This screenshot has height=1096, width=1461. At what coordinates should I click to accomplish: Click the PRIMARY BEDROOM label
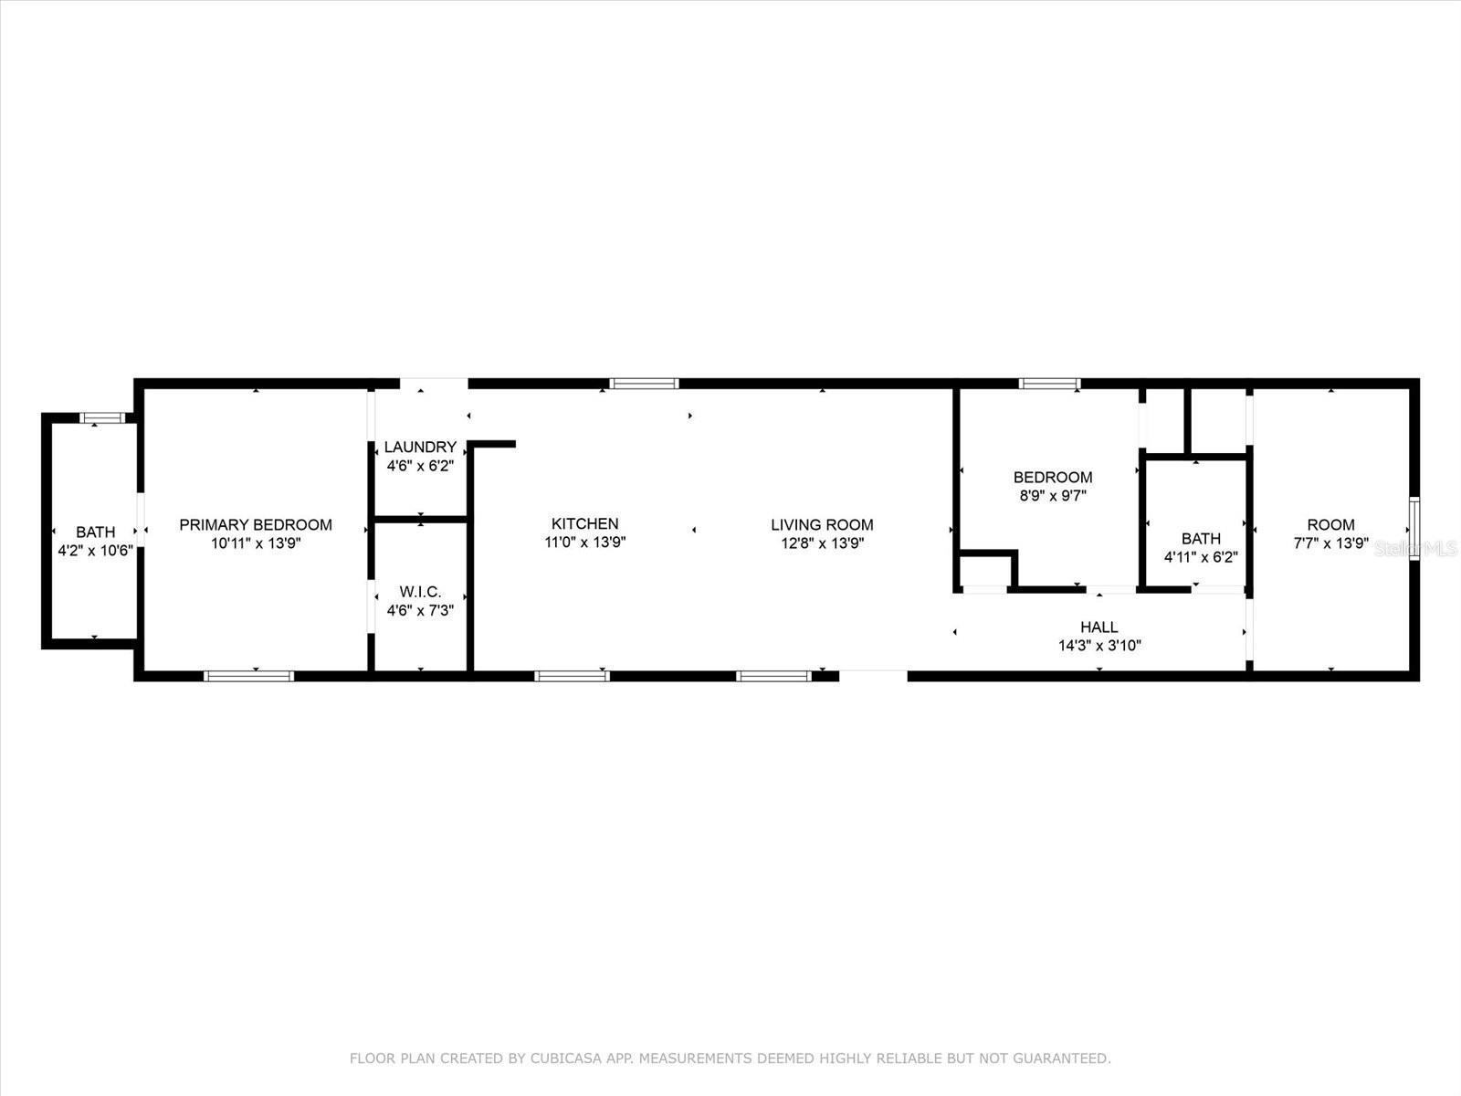(255, 524)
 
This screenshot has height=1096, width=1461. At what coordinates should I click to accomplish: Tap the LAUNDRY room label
(420, 447)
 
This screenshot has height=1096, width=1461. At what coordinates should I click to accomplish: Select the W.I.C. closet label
(420, 592)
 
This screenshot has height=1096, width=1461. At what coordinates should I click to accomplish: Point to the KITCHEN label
(584, 523)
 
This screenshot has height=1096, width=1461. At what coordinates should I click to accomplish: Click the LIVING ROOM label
(822, 524)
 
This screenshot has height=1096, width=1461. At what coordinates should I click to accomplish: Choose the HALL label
(1098, 627)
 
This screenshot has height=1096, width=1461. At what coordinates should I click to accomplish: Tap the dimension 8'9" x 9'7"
(1052, 496)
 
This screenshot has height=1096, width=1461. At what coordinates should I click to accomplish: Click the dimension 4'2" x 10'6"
(95, 551)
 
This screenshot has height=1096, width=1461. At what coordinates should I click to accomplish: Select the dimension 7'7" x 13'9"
(1330, 543)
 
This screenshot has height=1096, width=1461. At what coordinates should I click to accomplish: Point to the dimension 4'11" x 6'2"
(1200, 557)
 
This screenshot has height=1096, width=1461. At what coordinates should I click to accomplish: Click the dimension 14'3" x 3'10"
(1098, 646)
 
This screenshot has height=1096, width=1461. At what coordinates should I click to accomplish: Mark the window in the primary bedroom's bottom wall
(248, 676)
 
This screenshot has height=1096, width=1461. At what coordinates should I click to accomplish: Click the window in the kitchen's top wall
(645, 384)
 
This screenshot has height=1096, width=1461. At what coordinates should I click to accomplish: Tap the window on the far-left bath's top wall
(101, 418)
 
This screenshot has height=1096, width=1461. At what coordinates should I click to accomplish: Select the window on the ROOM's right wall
(1414, 528)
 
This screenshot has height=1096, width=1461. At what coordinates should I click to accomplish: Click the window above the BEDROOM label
(1050, 384)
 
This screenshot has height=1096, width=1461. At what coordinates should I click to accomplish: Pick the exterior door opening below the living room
(873, 676)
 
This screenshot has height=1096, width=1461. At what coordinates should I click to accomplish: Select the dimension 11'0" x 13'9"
(584, 543)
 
